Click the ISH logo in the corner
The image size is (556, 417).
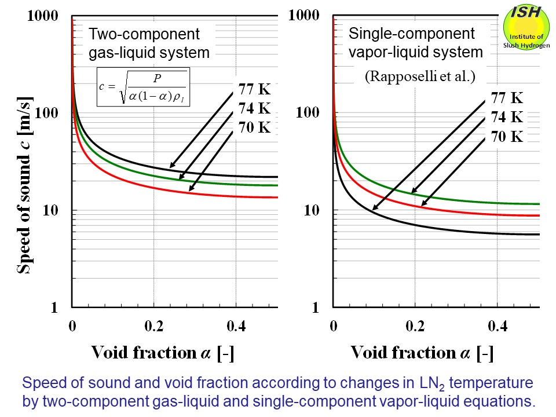(x=527, y=28)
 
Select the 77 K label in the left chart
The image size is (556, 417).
(x=255, y=90)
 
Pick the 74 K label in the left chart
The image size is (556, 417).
(x=255, y=108)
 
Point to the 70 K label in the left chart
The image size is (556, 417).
(x=255, y=127)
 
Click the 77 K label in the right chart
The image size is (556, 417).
(x=507, y=98)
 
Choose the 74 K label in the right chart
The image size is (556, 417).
(x=507, y=117)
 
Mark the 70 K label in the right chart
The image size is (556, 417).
(x=507, y=137)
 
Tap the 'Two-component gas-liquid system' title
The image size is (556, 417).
(x=149, y=43)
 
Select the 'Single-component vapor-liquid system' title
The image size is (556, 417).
(x=416, y=43)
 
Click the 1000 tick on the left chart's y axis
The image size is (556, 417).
(x=43, y=16)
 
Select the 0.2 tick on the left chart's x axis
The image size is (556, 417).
(x=154, y=326)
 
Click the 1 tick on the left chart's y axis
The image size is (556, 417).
(x=54, y=308)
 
